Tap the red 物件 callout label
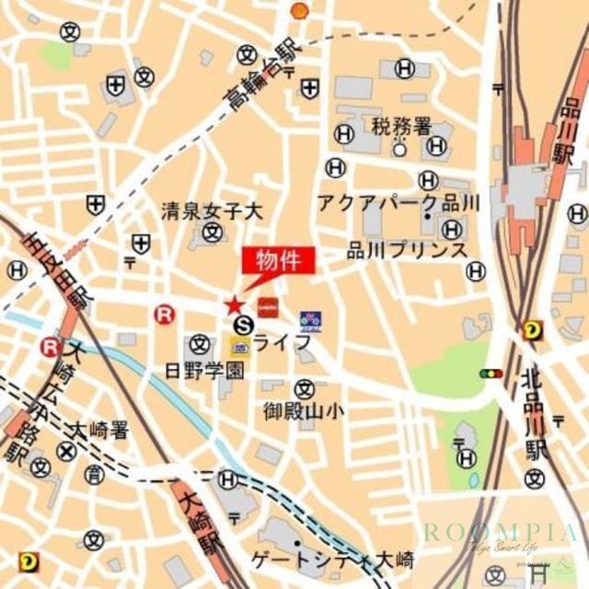[x=278, y=261]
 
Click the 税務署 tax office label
[x=401, y=125]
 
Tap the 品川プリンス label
[x=407, y=249]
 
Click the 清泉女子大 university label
[x=212, y=211]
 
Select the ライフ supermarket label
[x=283, y=342]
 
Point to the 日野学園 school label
[x=204, y=370]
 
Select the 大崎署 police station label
[x=101, y=429]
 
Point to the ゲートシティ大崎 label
[x=332, y=559]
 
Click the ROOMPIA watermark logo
[x=501, y=534]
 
